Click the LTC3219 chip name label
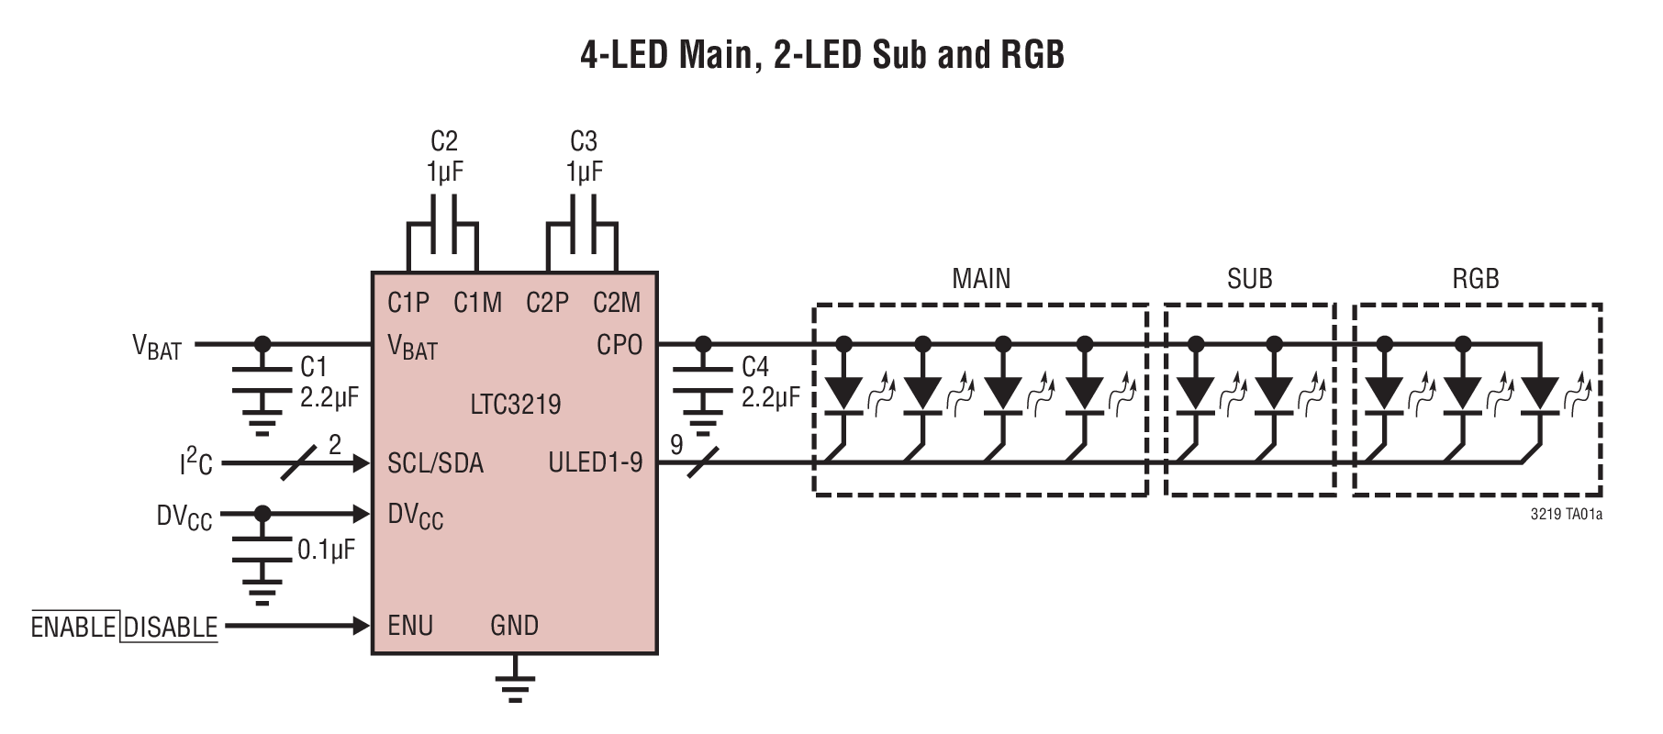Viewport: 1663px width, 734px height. pyautogui.click(x=515, y=404)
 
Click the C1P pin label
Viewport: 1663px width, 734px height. pyautogui.click(x=408, y=303)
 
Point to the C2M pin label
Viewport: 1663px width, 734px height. pyautogui.click(x=617, y=303)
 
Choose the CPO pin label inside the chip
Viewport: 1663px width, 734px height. pyautogui.click(x=619, y=346)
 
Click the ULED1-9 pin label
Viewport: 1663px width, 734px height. pyautogui.click(x=595, y=462)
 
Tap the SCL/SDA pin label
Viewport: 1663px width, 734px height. pyautogui.click(x=435, y=462)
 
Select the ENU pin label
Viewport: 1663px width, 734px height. pyautogui.click(x=410, y=626)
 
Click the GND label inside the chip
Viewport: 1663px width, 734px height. pyautogui.click(x=514, y=626)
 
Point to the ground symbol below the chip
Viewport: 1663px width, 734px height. pyautogui.click(x=515, y=686)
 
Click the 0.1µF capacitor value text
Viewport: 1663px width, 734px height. pyautogui.click(x=326, y=550)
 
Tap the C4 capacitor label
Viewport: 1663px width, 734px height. pyautogui.click(x=754, y=368)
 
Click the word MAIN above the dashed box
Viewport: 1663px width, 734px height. pyautogui.click(x=981, y=279)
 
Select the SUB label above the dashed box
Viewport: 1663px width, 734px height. pyautogui.click(x=1249, y=279)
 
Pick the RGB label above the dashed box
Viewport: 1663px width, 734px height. pyautogui.click(x=1476, y=279)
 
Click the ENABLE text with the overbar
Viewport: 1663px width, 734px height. pyautogui.click(x=73, y=628)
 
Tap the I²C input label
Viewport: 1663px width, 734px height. pyautogui.click(x=195, y=462)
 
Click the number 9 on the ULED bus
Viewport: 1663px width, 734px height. pyautogui.click(x=676, y=446)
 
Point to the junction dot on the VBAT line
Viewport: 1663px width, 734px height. pyautogui.click(x=262, y=345)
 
